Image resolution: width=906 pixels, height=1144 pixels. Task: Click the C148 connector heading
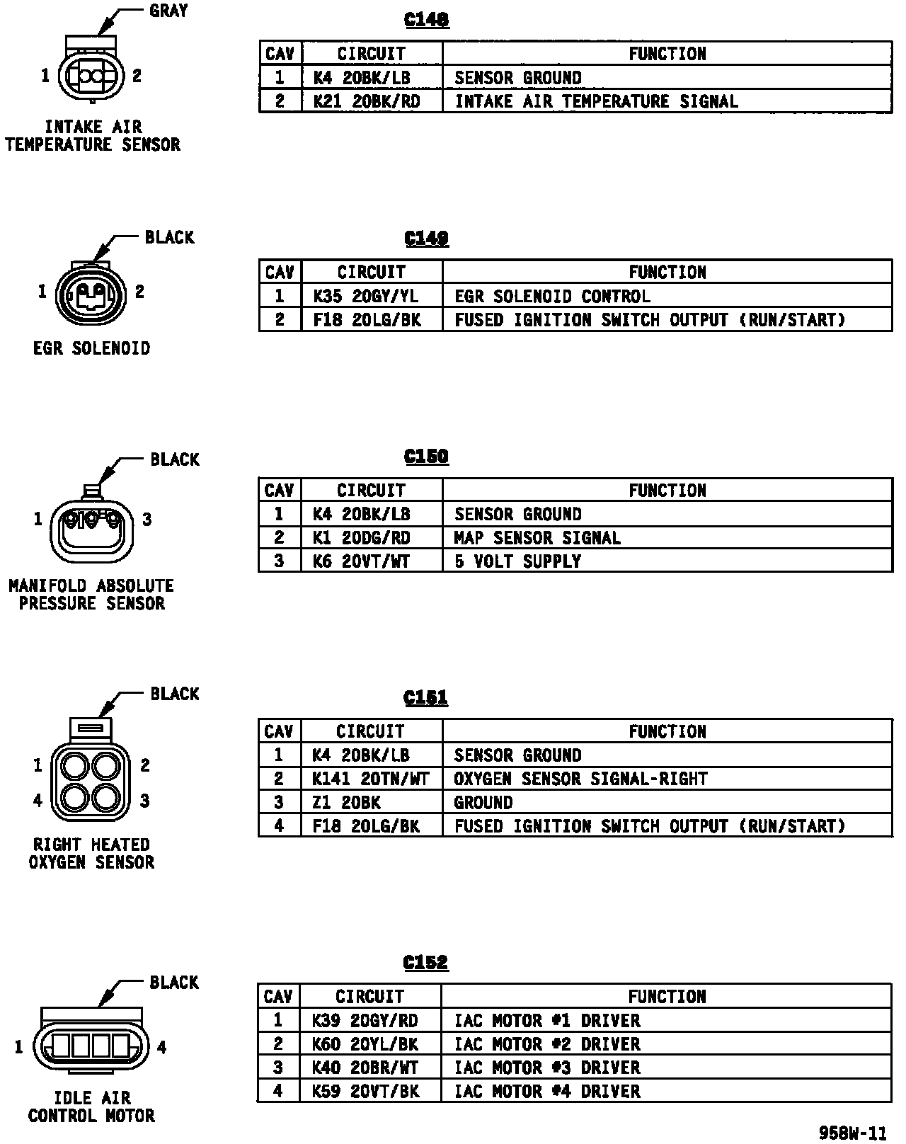click(x=426, y=20)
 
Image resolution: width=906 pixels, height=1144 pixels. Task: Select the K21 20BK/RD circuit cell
click(x=367, y=101)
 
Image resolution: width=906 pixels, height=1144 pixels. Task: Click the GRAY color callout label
click(x=168, y=11)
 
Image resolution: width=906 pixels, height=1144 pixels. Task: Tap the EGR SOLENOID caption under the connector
click(x=92, y=348)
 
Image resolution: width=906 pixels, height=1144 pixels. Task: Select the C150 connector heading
click(x=426, y=457)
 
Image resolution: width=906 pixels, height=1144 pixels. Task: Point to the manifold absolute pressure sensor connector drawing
click(x=93, y=527)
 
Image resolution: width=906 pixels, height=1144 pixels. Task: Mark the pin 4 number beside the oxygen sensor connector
click(x=38, y=801)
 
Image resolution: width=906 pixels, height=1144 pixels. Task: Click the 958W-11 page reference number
click(x=852, y=1133)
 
